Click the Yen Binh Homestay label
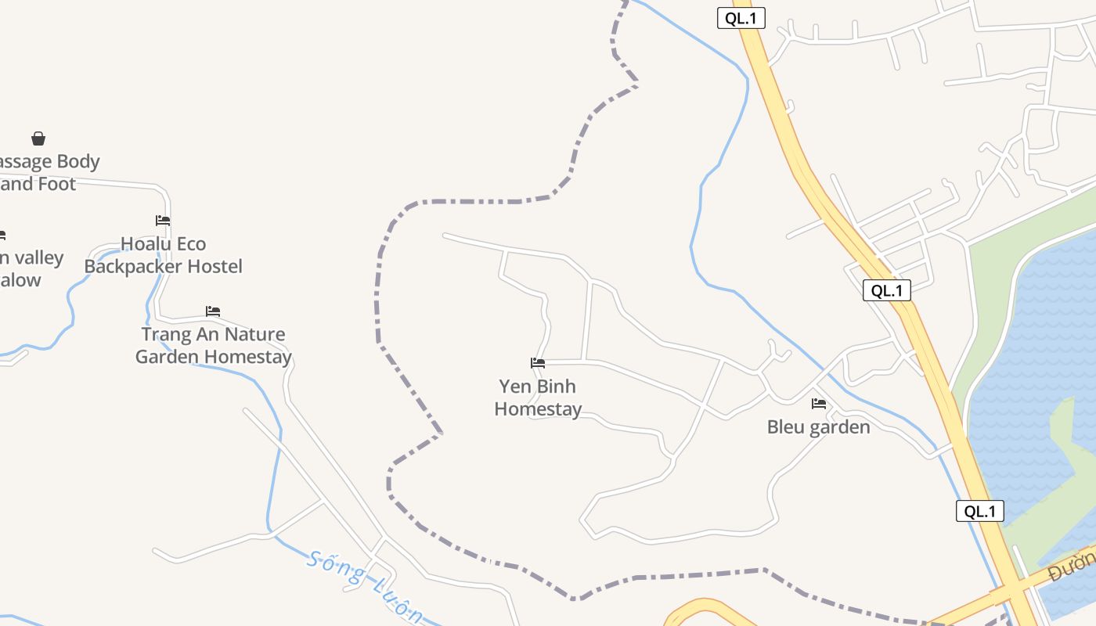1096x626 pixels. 538,398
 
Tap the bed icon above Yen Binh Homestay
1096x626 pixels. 538,363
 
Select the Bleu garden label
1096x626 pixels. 818,427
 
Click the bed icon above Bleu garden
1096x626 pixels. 819,404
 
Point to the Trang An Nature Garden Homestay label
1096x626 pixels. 213,345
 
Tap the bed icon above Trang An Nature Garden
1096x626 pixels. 213,311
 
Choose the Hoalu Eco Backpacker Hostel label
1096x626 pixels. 163,255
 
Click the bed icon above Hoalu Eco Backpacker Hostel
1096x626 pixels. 163,221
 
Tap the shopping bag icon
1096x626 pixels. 38,139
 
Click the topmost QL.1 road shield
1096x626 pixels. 741,18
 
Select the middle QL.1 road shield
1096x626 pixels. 887,290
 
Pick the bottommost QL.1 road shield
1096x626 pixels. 979,512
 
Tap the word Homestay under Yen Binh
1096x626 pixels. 538,409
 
